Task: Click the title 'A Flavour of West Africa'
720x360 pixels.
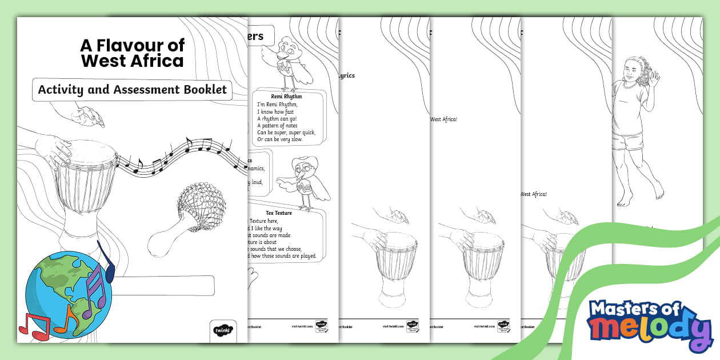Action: tap(132, 53)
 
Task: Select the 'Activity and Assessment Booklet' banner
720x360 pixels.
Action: tap(132, 90)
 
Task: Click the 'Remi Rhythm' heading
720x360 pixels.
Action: tap(286, 97)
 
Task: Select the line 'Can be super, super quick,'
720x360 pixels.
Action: tap(286, 133)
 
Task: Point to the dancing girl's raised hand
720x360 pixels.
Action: tap(653, 77)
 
